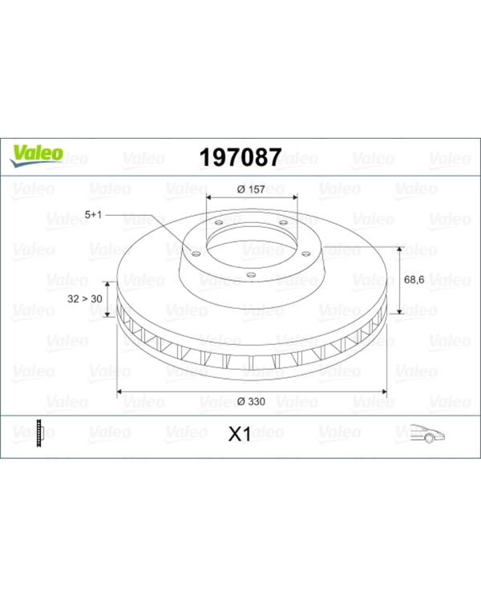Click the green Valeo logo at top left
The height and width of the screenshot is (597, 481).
(x=36, y=156)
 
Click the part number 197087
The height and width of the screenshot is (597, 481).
(x=240, y=157)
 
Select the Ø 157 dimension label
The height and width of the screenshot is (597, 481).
(x=251, y=189)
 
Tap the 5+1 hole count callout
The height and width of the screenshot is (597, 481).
(x=93, y=215)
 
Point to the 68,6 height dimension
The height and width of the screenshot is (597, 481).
(x=414, y=280)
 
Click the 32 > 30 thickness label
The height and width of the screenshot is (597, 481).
(x=85, y=298)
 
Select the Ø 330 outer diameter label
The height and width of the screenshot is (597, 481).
(x=251, y=401)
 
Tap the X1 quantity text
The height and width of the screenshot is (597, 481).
(x=240, y=434)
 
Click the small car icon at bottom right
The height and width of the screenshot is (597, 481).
(x=428, y=433)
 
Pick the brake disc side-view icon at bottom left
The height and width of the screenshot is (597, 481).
(x=39, y=433)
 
